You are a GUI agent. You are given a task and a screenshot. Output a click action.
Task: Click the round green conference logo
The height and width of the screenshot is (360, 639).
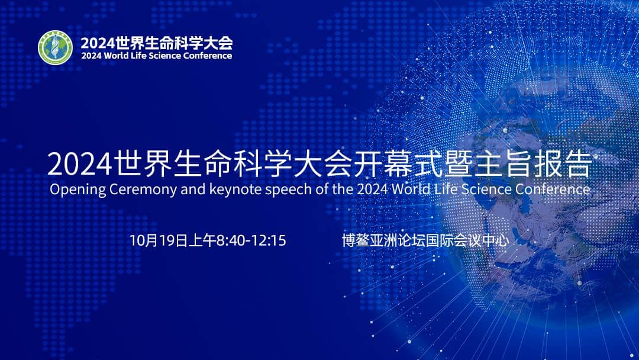pos(56,47)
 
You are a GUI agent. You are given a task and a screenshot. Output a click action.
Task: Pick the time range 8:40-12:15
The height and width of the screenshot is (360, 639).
pos(252,241)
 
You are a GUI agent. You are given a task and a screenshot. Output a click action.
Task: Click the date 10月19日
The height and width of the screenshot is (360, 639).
pos(157,241)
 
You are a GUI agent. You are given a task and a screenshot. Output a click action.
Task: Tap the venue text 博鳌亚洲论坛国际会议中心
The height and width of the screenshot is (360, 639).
pos(425,241)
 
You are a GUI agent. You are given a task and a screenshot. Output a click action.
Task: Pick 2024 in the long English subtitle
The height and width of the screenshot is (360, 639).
pos(370,190)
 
